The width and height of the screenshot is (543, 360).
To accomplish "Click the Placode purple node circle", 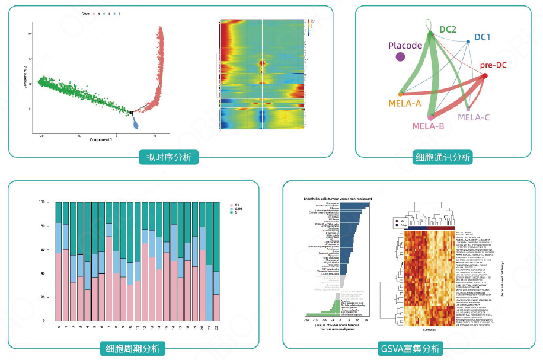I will coord(401,57).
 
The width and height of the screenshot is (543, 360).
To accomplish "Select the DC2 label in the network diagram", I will coord(447,28).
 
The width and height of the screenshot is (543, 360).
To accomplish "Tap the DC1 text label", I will coord(482,37).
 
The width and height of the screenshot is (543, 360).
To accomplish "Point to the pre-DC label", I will coord(493,65).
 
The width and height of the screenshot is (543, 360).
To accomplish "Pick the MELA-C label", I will coord(474,117).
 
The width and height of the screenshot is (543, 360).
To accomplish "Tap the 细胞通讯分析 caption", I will coord(443,157).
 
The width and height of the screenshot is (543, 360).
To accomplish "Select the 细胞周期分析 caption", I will coord(132,348).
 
